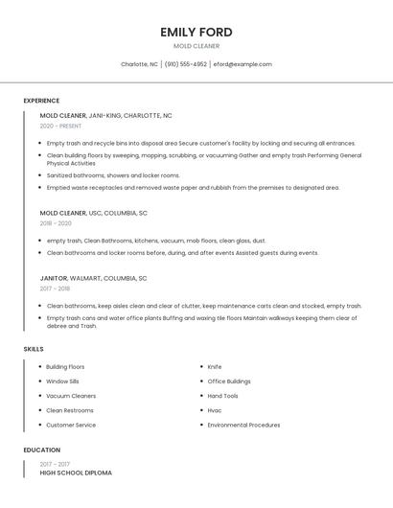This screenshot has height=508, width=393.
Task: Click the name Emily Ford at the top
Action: coord(196,32)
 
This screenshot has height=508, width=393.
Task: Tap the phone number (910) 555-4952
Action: coord(185,64)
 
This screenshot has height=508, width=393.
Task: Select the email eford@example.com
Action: coord(243,64)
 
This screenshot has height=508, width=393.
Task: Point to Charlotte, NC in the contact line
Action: coord(139,64)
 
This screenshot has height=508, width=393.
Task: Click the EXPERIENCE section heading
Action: coord(41,101)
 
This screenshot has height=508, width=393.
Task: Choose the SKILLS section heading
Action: coord(34,349)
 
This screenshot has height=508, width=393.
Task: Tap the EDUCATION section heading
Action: coord(42,450)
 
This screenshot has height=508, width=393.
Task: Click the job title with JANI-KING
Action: coord(105,115)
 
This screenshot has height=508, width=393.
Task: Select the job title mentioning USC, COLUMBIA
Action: coord(93,213)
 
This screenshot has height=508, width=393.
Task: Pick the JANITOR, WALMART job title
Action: coord(93,278)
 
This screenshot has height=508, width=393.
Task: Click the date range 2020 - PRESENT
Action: coord(60,126)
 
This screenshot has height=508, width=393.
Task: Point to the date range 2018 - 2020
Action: coord(55,223)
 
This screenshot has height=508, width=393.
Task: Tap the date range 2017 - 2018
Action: coord(55,289)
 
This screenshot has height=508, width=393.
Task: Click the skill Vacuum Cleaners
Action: coord(71,396)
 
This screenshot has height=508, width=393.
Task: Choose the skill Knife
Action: coord(215,367)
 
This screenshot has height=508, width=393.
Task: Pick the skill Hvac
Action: coord(215,410)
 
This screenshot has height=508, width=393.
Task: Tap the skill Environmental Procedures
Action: coord(243,425)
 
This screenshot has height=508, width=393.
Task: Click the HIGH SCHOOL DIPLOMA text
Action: coord(76,473)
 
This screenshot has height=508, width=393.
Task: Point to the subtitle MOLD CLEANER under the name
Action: coord(196,46)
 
